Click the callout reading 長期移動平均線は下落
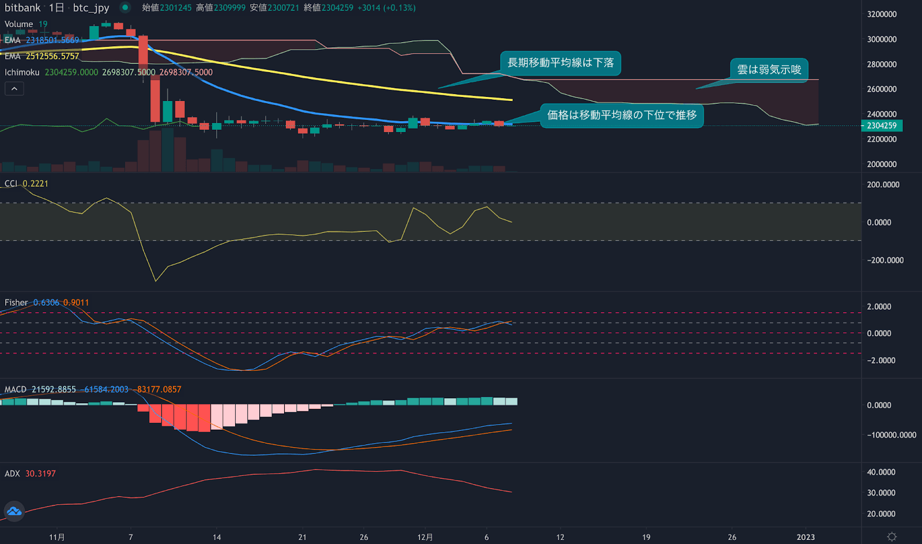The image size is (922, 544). click(560, 63)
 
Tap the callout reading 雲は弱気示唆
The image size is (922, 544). click(769, 70)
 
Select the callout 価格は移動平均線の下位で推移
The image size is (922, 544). click(621, 115)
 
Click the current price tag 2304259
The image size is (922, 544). click(882, 126)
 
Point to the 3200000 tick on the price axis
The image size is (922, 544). click(882, 14)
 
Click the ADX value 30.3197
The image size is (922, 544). click(40, 474)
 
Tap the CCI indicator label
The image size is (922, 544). click(11, 183)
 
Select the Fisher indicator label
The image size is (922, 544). click(16, 302)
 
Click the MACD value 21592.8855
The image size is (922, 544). click(54, 389)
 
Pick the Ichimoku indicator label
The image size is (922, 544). click(22, 72)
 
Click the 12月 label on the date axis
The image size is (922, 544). click(425, 537)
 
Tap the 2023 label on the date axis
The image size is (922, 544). click(806, 537)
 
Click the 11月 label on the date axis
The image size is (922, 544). click(57, 537)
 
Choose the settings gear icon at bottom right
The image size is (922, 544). click(891, 537)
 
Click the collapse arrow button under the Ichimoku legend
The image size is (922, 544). click(14, 89)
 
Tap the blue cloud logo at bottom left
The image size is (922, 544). click(14, 511)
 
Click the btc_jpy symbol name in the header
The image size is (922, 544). click(91, 8)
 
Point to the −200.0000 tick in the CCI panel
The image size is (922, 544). click(885, 260)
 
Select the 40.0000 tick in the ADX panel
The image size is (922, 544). click(881, 472)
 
